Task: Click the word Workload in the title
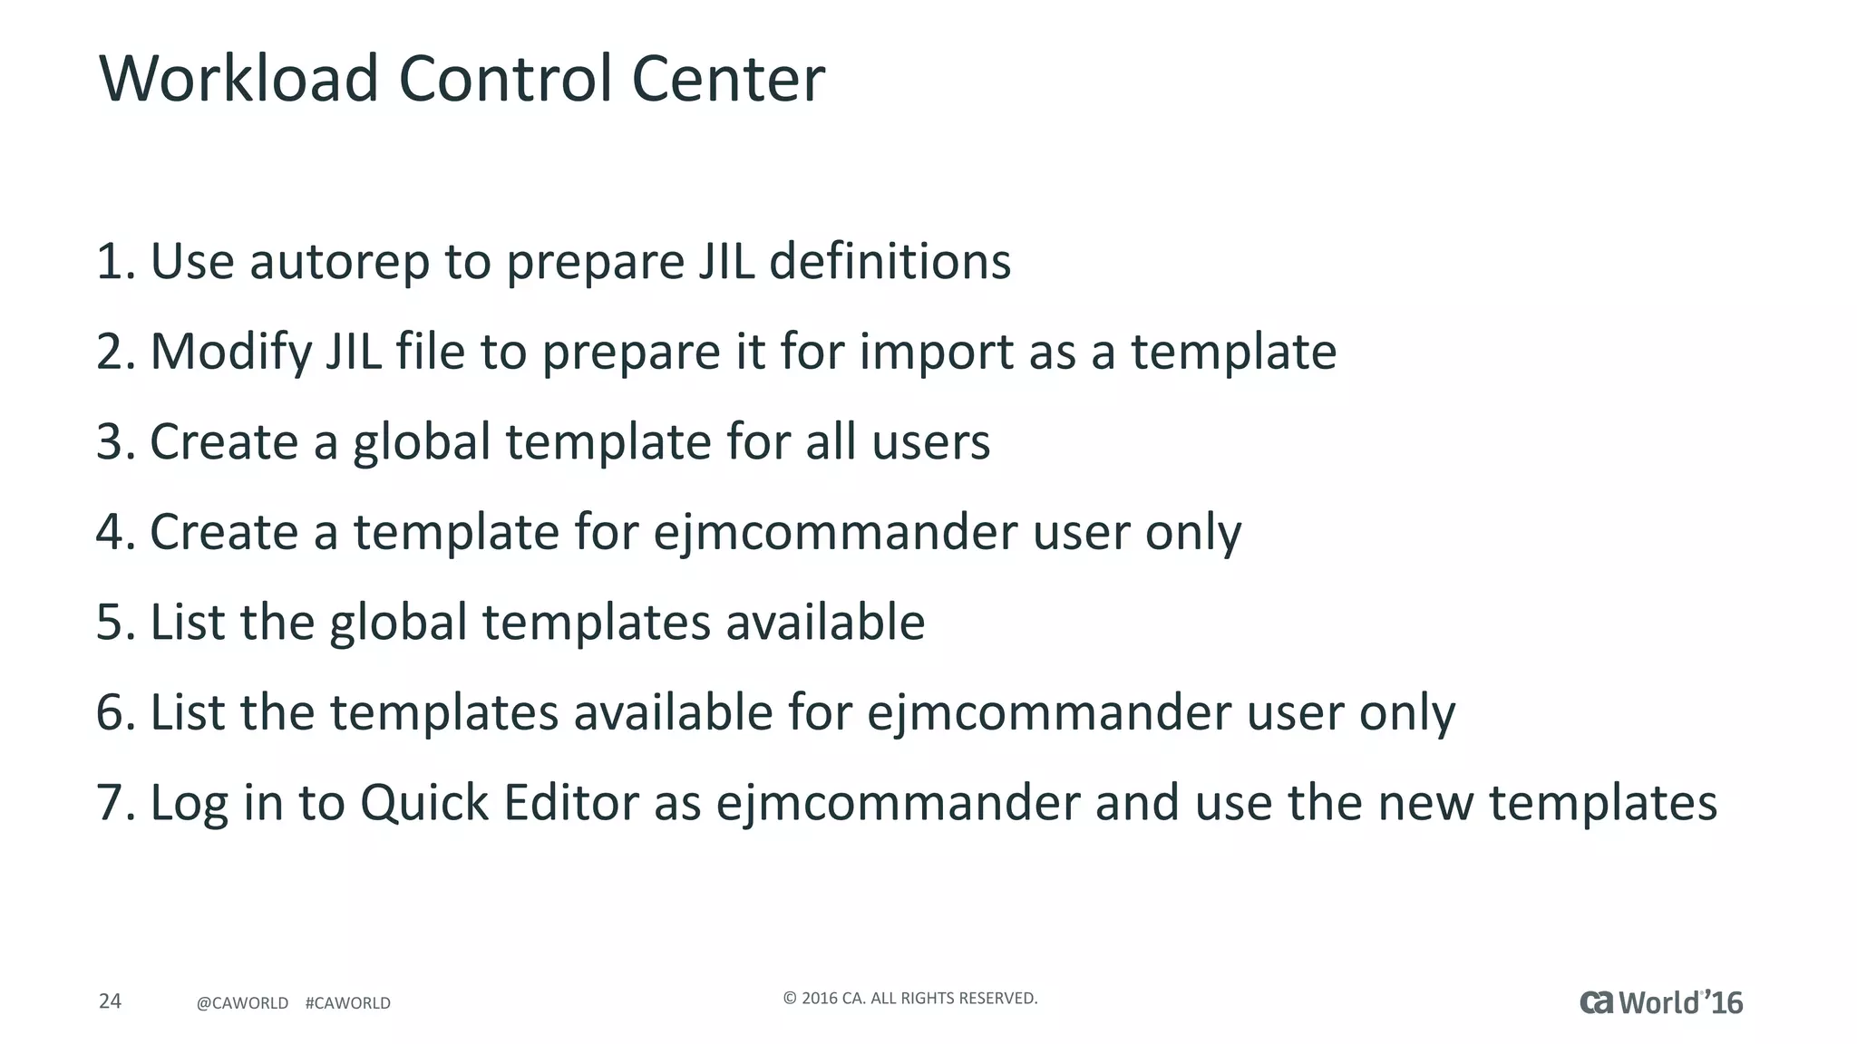tap(238, 79)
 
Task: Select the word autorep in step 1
tap(339, 262)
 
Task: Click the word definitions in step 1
tap(890, 262)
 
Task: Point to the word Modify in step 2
tap(231, 353)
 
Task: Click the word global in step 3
tap(422, 442)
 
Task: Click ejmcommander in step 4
tap(835, 533)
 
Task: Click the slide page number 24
tap(110, 1001)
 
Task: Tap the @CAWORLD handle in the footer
tap(242, 1003)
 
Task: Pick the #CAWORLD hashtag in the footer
tap(348, 1003)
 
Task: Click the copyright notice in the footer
tap(909, 999)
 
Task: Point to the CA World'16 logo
tap(1661, 1002)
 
